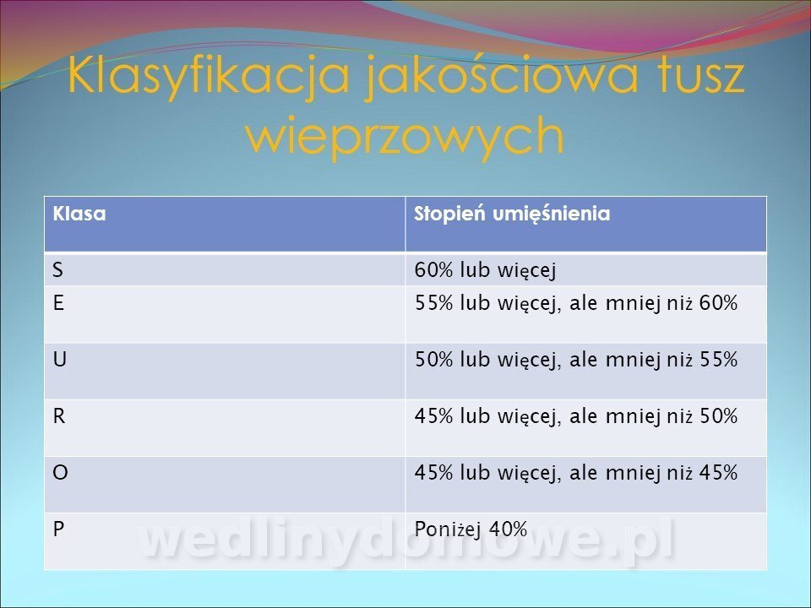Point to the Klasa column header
(x=79, y=214)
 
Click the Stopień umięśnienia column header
(x=512, y=214)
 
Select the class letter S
(x=57, y=270)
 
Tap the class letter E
(x=58, y=303)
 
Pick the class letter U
(x=59, y=360)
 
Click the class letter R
(x=59, y=415)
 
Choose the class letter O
(x=60, y=473)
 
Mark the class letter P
(x=58, y=529)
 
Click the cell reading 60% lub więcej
(x=485, y=271)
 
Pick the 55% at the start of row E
(x=433, y=303)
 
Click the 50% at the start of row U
(x=433, y=360)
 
